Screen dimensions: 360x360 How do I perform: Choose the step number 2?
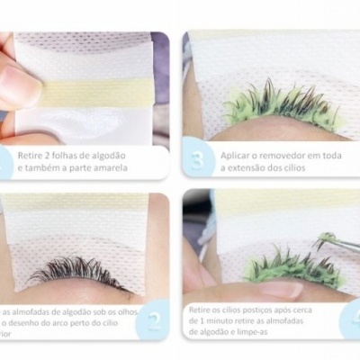(x=152, y=320)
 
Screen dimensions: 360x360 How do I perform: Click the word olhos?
(x=148, y=310)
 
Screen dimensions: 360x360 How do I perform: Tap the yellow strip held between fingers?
(x=90, y=92)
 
